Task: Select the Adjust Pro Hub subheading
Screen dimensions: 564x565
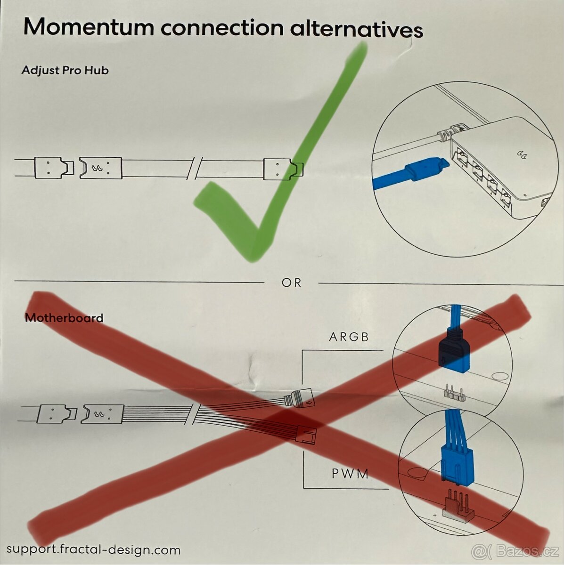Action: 65,71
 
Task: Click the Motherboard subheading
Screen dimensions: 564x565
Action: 64,318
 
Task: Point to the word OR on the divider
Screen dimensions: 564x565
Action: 291,283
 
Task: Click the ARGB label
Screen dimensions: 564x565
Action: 349,337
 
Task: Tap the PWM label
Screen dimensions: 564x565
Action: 350,474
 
